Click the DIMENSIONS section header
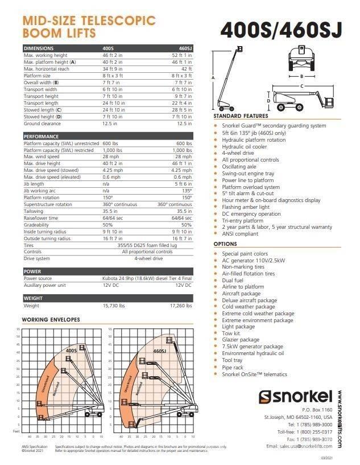click(39, 48)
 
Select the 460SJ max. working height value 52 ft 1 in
click(181, 55)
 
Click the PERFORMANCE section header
click(41, 137)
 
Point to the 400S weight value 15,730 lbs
click(114, 306)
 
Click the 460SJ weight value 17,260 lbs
click(181, 306)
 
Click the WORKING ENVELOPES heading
click(51, 319)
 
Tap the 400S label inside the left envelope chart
click(72, 351)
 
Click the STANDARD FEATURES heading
click(241, 116)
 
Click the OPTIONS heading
click(225, 244)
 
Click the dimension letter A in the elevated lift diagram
click(213, 76)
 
